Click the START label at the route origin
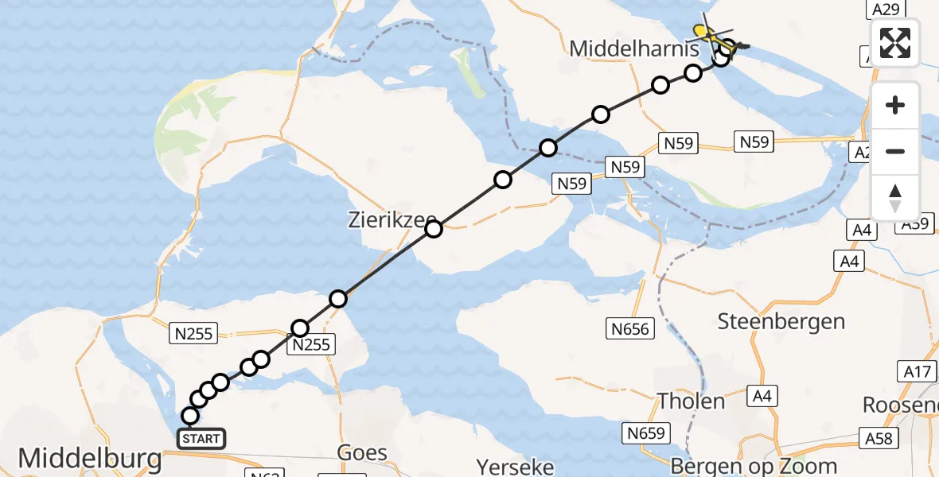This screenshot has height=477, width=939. [201, 439]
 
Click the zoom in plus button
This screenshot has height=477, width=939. [895, 105]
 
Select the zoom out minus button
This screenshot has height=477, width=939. [895, 151]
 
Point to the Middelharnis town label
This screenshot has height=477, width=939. [634, 48]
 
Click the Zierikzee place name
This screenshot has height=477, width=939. [390, 219]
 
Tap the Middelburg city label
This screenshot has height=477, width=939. [89, 459]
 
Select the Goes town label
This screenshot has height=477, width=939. [363, 453]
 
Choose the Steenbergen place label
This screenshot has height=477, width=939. [781, 321]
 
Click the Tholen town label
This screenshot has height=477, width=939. [692, 401]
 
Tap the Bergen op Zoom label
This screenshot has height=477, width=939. [754, 466]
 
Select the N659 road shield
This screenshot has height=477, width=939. [646, 433]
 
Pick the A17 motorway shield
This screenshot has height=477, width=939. [918, 370]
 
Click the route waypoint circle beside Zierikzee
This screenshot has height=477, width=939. [434, 230]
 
